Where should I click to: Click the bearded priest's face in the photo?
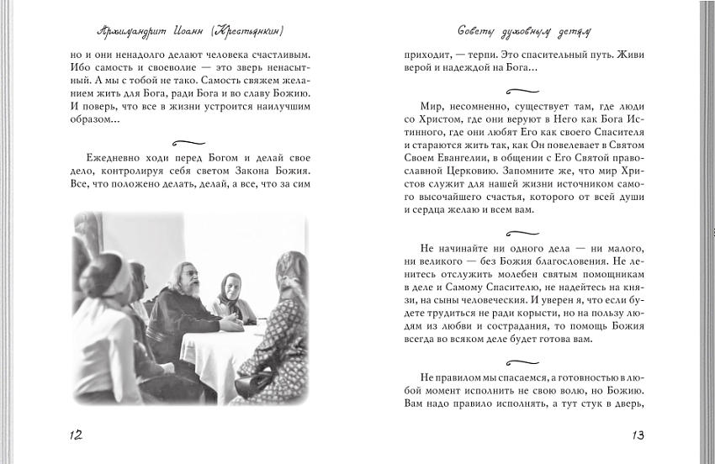pyautogui.click(x=188, y=287)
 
